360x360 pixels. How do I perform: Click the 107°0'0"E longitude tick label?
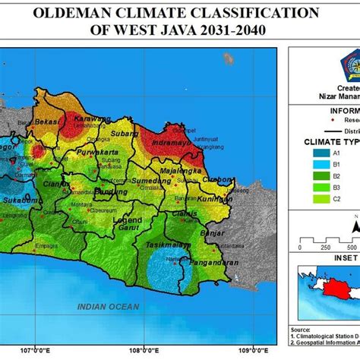(x=36, y=351)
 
